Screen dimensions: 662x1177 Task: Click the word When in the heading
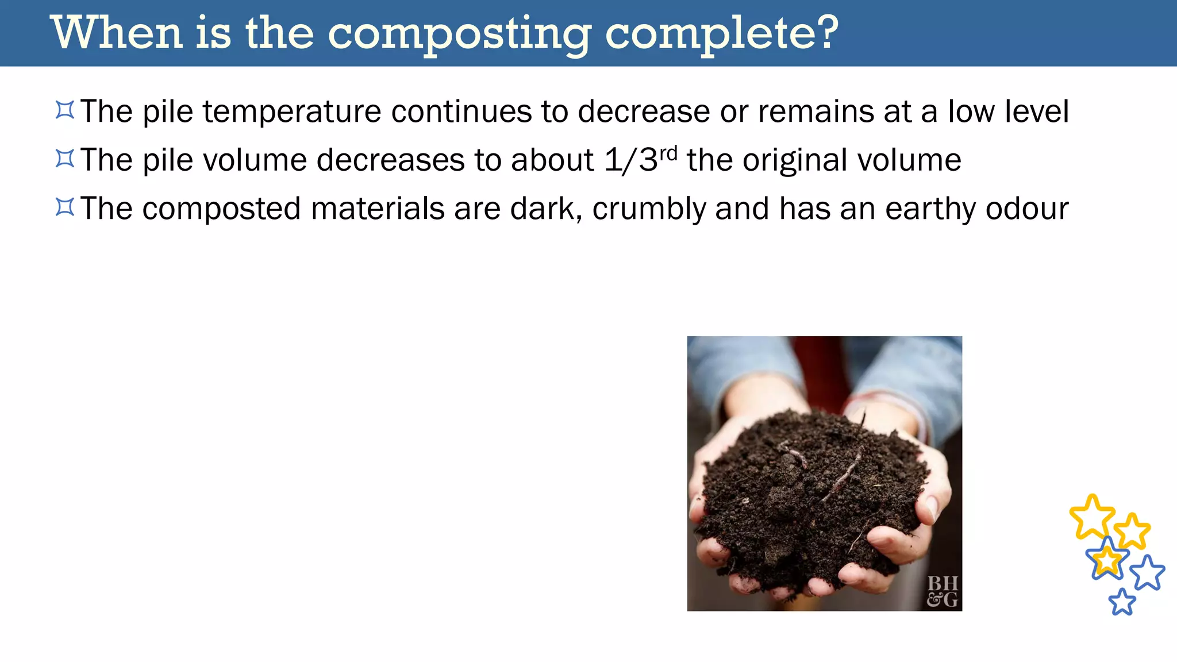[117, 33]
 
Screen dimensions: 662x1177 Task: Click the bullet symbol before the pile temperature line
[65, 110]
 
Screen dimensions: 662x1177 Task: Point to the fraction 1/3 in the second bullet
[630, 160]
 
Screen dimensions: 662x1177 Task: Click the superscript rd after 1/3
[668, 153]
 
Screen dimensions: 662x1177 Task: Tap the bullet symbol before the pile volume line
[65, 159]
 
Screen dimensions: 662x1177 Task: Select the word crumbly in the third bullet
[649, 209]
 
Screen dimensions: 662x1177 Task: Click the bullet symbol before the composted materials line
[65, 207]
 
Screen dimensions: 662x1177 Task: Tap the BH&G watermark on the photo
[943, 591]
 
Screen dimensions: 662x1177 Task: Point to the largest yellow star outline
[1091, 516]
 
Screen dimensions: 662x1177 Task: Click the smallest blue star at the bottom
[1122, 602]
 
